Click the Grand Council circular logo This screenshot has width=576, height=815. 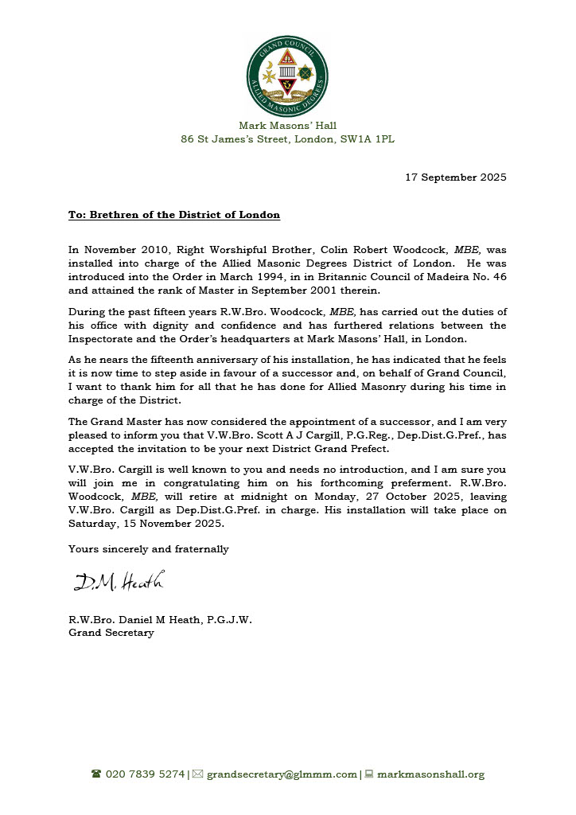287,76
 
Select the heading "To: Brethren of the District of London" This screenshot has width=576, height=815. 173,215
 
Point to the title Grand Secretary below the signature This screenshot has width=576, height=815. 111,633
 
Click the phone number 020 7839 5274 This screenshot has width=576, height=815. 145,774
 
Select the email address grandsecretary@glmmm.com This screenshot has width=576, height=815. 282,774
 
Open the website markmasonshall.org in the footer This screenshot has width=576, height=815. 430,774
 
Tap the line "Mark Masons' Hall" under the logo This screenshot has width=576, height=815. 287,125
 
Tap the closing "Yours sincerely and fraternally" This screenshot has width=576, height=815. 148,548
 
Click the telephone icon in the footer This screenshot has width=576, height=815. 96,774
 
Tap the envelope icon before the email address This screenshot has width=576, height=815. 198,774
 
